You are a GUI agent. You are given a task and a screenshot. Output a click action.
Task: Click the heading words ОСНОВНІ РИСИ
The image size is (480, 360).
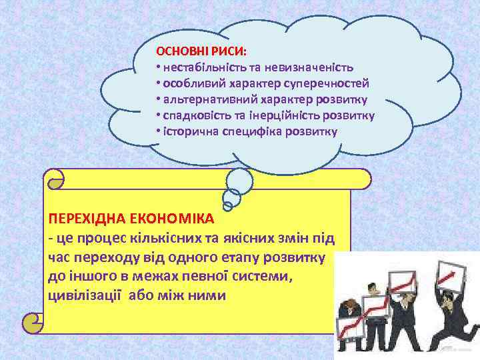(201, 51)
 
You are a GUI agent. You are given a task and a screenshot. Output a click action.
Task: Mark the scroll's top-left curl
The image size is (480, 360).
(55, 177)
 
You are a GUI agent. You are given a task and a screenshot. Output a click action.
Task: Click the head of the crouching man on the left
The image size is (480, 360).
(349, 306)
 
